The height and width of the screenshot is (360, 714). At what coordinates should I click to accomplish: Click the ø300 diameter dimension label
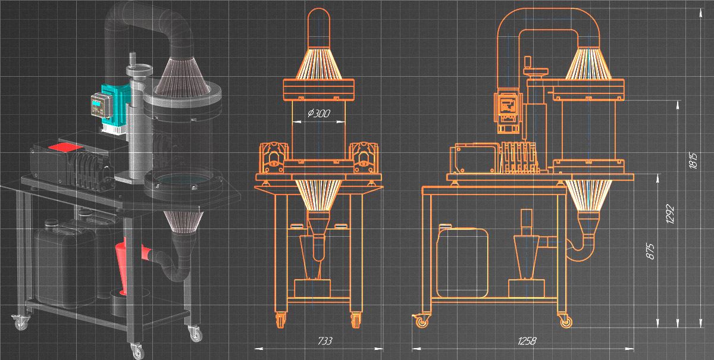[x=318, y=112]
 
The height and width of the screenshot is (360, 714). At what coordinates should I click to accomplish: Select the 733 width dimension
[x=324, y=341]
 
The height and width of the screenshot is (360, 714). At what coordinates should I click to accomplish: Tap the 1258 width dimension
[x=527, y=341]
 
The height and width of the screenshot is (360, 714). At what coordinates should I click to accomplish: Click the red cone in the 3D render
[x=123, y=268]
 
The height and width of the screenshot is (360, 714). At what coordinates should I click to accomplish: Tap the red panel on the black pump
[x=65, y=146]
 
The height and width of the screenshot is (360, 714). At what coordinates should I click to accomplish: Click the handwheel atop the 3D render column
[x=139, y=71]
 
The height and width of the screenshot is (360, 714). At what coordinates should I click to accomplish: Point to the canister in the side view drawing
[x=463, y=262]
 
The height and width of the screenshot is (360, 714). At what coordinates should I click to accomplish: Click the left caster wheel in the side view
[x=422, y=322]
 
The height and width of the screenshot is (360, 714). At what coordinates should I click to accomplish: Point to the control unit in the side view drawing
[x=508, y=110]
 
